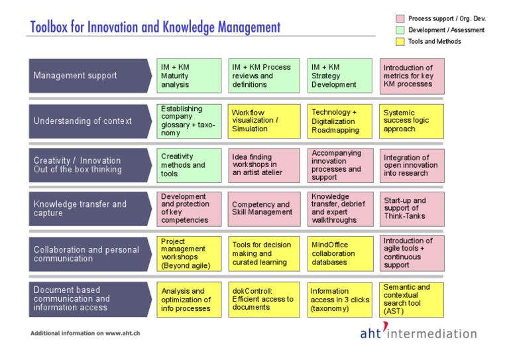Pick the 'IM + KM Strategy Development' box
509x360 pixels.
coord(339,76)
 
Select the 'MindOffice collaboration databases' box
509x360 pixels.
coord(339,253)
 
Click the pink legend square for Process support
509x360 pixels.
coord(400,19)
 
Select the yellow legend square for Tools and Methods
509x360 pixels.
coord(400,41)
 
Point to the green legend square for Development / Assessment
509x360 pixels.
coord(400,30)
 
